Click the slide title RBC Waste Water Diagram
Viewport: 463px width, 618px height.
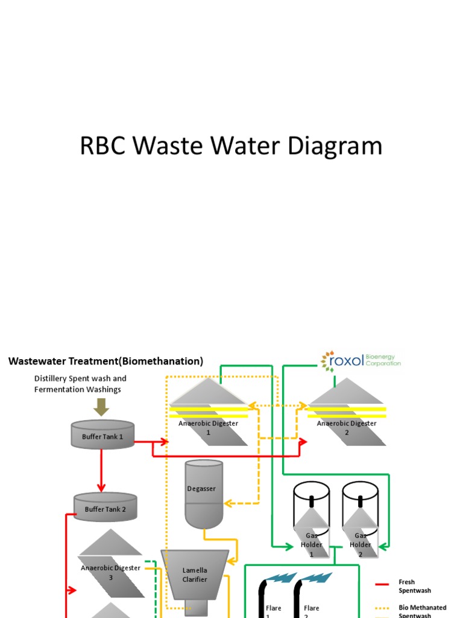(231, 147)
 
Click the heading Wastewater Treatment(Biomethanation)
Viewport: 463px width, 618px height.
(106, 361)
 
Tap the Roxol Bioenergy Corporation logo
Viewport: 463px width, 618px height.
(361, 361)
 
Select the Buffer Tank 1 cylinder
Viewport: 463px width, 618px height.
(102, 435)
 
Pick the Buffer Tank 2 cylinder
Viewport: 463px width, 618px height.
(106, 508)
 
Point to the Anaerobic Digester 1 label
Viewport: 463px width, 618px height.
(208, 427)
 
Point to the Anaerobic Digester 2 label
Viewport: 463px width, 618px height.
(347, 427)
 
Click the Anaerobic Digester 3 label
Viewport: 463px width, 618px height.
(110, 572)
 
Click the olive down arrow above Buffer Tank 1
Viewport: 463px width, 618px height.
(101, 407)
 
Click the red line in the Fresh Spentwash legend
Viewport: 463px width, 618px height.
(381, 584)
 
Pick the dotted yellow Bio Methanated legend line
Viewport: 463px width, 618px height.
(381, 608)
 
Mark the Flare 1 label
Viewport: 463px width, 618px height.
(274, 608)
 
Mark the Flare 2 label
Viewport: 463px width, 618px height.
(311, 608)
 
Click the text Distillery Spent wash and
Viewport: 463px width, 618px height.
(80, 378)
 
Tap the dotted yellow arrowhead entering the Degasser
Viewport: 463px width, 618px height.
(228, 503)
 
